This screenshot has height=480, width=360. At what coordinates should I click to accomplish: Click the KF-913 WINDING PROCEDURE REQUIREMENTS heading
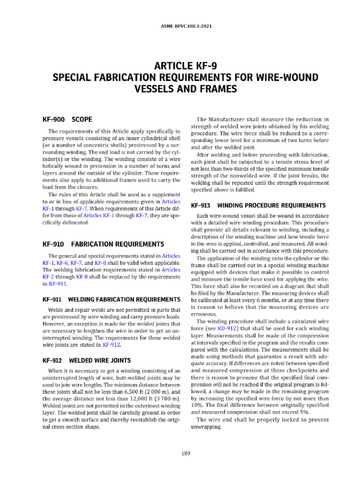[x=258, y=205]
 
